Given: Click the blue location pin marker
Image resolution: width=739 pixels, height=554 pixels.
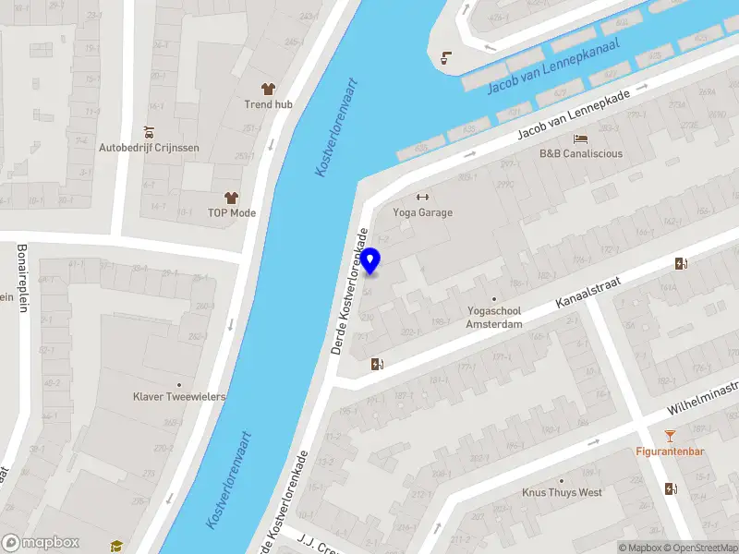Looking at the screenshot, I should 370,261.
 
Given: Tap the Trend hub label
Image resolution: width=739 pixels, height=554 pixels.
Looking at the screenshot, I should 269,104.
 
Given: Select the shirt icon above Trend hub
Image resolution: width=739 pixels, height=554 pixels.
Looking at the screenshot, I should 269,89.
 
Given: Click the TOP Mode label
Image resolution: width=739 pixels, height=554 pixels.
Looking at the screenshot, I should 232,213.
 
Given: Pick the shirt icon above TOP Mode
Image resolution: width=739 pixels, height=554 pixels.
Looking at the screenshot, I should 231,198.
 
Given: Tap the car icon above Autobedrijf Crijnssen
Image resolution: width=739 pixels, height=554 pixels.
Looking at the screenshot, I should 149,132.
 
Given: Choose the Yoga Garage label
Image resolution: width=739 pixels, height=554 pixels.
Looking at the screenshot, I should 424,212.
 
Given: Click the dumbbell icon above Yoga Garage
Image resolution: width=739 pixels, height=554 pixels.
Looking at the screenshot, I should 424,197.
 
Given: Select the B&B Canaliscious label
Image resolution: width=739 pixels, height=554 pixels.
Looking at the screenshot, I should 581,154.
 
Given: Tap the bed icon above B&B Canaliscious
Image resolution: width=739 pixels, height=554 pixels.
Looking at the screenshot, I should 580,138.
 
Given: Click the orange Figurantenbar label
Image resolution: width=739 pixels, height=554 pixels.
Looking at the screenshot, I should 671,452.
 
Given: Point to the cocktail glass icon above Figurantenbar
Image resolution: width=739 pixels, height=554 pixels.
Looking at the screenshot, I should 671,436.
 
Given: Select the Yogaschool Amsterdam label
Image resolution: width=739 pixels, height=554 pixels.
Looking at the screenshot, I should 494,319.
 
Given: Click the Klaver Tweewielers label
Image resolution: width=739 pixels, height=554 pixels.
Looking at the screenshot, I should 179,397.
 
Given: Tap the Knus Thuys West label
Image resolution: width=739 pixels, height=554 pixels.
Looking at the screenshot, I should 562,493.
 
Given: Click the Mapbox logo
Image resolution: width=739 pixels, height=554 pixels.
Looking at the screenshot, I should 41,543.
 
